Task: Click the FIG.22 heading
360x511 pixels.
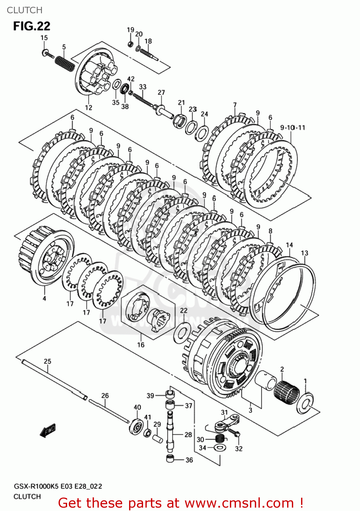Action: (x=32, y=26)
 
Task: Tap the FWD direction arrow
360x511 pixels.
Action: (x=47, y=431)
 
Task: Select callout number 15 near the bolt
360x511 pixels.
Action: (x=44, y=38)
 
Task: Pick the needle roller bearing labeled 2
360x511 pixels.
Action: (x=287, y=393)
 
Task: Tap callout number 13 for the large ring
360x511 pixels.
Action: (x=304, y=253)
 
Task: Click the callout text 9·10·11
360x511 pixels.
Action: (x=293, y=128)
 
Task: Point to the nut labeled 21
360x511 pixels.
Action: (x=179, y=120)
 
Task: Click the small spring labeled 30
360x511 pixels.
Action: (x=220, y=438)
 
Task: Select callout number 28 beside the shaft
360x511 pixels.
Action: (x=188, y=435)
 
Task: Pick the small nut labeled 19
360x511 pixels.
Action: (x=130, y=44)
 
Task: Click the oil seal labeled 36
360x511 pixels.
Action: (x=171, y=459)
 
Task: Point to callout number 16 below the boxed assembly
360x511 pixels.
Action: (x=141, y=345)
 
